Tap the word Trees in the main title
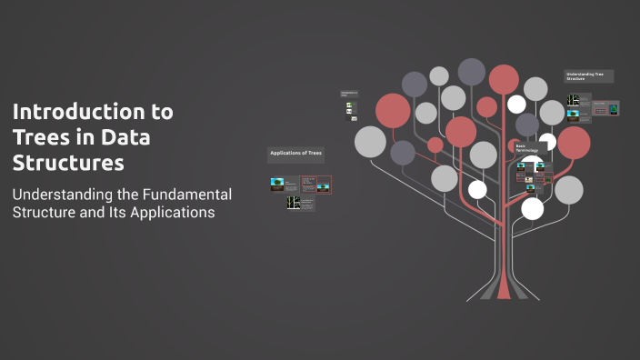coord(37,138)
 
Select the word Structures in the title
coord(68,164)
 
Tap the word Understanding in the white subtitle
coord(55,194)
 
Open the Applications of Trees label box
coord(295,153)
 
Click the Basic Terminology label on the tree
coord(526,147)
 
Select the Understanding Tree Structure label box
coord(588,76)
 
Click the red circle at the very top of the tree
coord(504,79)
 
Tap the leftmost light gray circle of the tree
coord(370,141)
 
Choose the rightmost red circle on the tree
coord(574,142)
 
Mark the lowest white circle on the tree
coord(533,209)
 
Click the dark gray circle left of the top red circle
coord(471,71)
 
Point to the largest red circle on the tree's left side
coord(393,111)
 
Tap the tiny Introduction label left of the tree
coord(348,93)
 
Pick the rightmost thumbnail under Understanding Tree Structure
coord(614,110)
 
